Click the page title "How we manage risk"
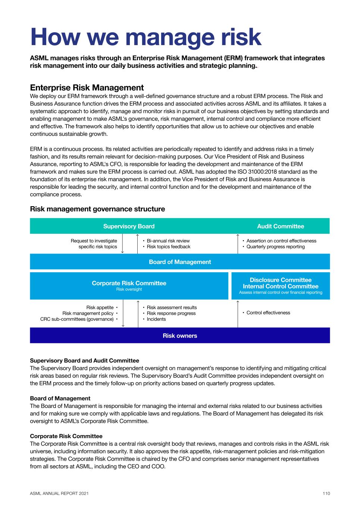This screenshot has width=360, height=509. point(145,36)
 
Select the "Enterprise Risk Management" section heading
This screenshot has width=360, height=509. point(87,88)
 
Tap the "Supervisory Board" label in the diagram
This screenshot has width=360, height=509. point(129,226)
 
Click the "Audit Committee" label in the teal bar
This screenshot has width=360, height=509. point(281,226)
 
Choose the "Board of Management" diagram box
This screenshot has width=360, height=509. point(180,262)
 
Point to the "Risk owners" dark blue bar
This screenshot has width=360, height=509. point(180,336)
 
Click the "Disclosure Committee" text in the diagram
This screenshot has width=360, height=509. point(281,280)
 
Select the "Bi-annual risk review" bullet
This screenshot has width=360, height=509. point(168,241)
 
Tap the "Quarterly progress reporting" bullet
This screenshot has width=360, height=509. point(275,247)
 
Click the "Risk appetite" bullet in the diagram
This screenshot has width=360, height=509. point(100,308)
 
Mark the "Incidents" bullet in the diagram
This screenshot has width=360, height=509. point(156,319)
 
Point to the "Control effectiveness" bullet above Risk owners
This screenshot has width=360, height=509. point(268,313)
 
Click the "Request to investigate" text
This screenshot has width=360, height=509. point(94,241)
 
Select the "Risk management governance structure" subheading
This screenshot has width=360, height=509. point(97,209)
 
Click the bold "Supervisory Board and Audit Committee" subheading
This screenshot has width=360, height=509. point(84,361)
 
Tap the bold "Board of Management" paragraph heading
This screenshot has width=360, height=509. point(60,398)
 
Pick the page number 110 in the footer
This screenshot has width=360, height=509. point(326,493)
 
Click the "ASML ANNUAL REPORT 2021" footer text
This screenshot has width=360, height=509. point(59,493)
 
